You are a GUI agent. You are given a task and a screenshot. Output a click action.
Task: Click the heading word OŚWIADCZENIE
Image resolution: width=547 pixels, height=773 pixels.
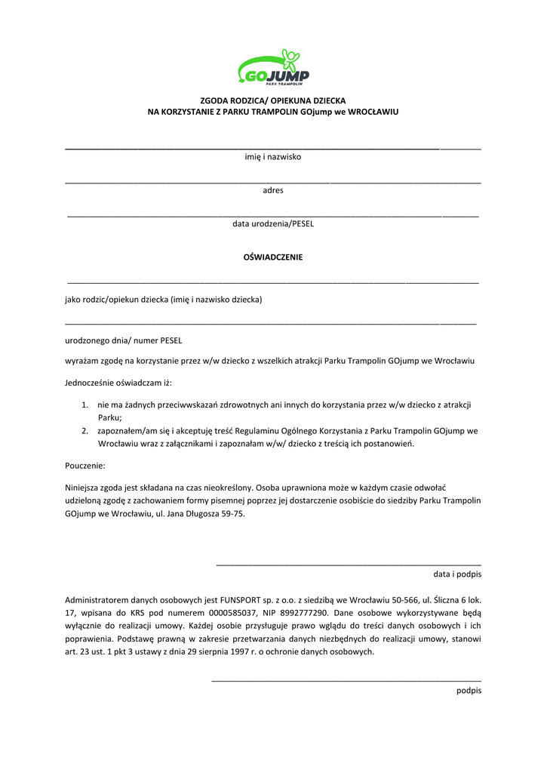coord(273,257)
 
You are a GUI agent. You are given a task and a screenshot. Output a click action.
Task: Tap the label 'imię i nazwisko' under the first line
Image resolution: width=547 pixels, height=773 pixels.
coord(273,157)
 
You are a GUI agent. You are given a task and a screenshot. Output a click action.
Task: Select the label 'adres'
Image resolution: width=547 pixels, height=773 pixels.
coord(273,190)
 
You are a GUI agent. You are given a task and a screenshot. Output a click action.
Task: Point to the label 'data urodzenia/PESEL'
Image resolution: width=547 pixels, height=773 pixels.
coord(273,224)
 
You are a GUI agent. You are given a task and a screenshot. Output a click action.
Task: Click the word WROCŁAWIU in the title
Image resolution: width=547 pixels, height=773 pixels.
coord(373,112)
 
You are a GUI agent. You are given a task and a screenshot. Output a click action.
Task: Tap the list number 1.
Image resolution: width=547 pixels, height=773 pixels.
coord(85,405)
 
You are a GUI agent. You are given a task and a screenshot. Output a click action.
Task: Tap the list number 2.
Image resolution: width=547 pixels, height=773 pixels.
coord(85,431)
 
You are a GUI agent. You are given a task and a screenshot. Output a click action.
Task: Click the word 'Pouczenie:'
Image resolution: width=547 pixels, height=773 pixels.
coord(85,466)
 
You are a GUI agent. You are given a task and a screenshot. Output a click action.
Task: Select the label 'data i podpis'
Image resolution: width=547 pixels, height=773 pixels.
coord(457,574)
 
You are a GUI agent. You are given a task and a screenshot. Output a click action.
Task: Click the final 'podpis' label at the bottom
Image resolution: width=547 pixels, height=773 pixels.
coord(469,691)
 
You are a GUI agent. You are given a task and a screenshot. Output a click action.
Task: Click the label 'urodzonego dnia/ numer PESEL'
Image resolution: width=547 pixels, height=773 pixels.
coord(123,340)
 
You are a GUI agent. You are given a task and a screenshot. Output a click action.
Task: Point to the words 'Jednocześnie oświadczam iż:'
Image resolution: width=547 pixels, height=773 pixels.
coord(118,383)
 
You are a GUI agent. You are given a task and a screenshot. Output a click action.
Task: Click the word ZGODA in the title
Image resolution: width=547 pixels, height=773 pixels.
coord(214,100)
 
